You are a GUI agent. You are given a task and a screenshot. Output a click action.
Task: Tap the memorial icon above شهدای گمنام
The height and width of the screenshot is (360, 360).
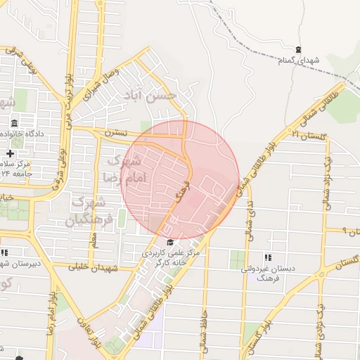coord(300,49)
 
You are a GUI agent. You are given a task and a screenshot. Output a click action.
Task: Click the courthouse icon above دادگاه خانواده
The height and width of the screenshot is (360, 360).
coord(15,124)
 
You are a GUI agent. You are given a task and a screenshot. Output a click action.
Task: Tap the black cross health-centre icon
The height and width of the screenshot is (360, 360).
coord(10,153)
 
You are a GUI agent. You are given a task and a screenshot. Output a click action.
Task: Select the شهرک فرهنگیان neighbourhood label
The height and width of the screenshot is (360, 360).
coord(89,211)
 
